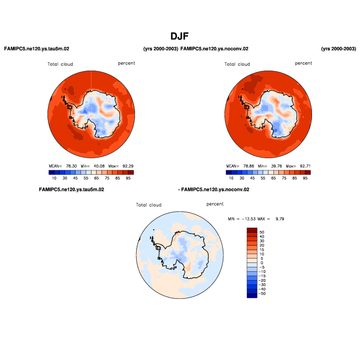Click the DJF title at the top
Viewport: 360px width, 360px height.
pos(180,36)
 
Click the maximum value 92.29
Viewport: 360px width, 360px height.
pos(127,166)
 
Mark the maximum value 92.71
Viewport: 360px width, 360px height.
pos(304,166)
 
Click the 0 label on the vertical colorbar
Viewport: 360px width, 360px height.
pos(261,263)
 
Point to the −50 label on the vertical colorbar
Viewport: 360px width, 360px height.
pos(264,294)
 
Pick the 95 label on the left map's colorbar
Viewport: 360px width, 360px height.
pos(128,178)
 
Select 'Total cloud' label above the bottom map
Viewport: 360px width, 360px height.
pos(149,205)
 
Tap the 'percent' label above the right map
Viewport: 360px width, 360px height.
pos(303,63)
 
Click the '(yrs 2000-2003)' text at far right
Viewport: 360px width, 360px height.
pos(338,49)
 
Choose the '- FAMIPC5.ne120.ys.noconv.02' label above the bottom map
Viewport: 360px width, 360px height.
pos(214,190)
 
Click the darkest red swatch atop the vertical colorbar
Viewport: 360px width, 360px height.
pos(252,230)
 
